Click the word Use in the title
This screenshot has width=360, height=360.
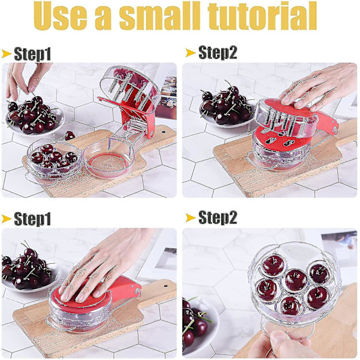[x=61, y=16]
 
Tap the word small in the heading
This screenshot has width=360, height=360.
[x=160, y=16]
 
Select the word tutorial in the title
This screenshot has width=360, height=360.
[x=262, y=16]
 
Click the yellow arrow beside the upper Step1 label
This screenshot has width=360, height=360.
[x=6, y=54]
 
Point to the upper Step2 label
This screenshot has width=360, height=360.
[x=217, y=53]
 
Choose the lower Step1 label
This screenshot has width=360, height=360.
[x=32, y=219]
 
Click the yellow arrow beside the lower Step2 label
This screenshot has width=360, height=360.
[x=190, y=218]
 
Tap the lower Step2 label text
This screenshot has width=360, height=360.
[x=217, y=217]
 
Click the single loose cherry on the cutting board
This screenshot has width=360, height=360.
[x=70, y=136]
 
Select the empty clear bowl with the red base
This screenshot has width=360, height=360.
[x=109, y=158]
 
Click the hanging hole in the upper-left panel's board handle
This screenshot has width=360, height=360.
[x=163, y=132]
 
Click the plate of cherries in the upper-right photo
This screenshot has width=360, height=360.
[x=226, y=108]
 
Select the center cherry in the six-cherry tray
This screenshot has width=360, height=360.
[x=296, y=280]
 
